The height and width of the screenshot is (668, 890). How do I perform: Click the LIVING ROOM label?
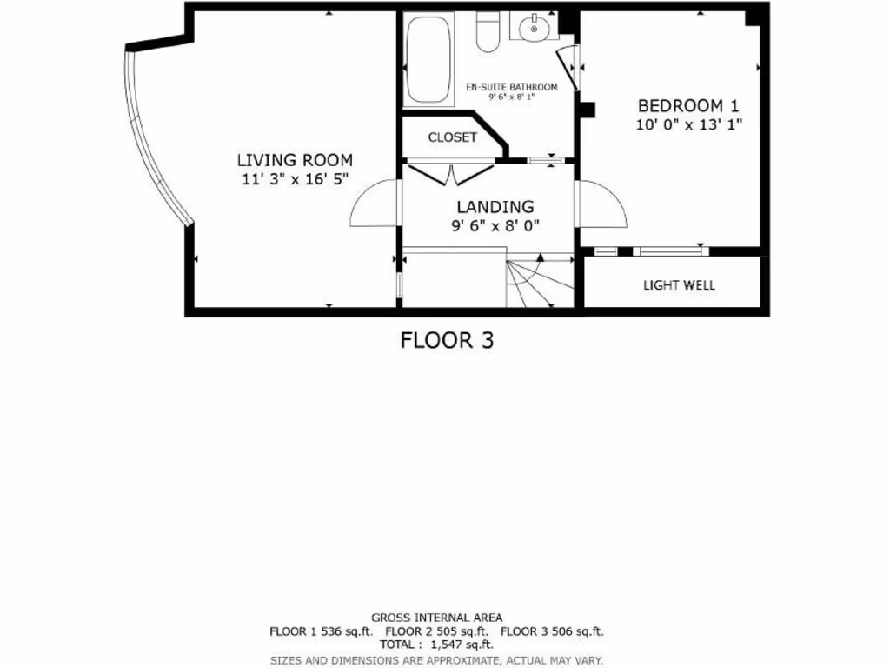pos(295,160)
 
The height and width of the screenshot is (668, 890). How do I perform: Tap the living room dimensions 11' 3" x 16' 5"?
pos(295,180)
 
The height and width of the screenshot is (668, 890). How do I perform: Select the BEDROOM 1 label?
pos(688,105)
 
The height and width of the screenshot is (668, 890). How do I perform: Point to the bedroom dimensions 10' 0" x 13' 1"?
pos(688,124)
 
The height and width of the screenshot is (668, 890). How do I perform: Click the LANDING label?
pos(495,207)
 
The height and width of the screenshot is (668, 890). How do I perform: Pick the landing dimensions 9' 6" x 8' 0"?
pos(495,225)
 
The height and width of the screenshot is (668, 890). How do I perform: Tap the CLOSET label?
pos(452,137)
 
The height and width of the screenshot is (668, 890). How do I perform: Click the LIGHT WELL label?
pos(680,284)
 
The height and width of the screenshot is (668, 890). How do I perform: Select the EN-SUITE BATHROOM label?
pos(511,87)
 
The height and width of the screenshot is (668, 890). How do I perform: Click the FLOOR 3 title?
pos(447,340)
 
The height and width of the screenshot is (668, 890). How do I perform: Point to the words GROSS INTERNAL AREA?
pos(436,618)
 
